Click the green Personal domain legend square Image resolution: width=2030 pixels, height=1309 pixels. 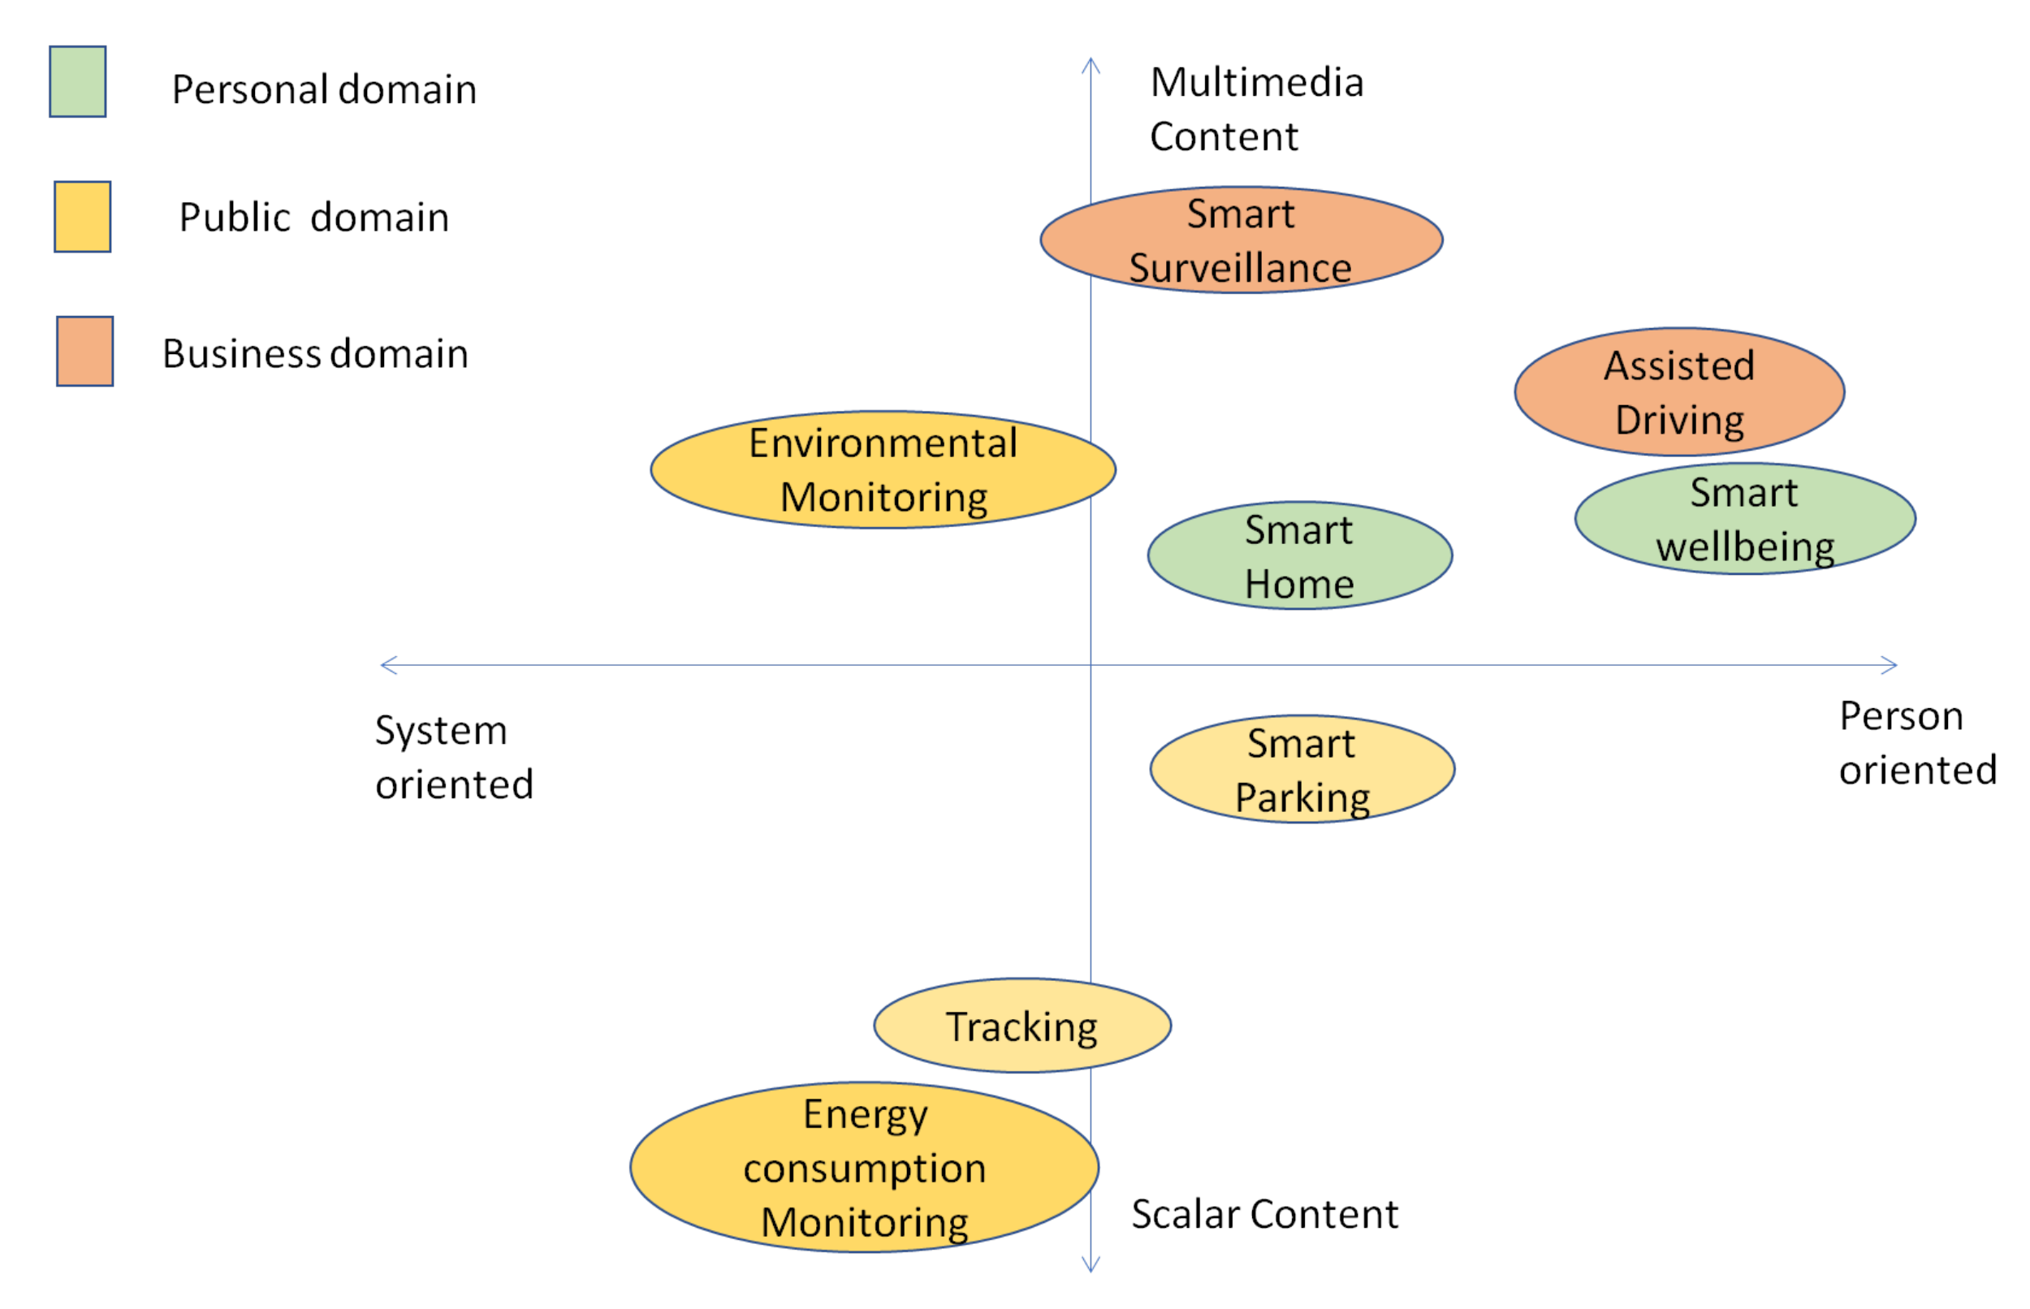[x=77, y=81]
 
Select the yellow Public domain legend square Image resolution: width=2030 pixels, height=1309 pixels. [x=83, y=216]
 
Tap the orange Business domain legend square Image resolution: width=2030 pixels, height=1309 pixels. [x=85, y=351]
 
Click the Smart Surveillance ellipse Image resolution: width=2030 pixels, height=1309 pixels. [x=1241, y=240]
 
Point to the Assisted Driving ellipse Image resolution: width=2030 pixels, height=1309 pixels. [x=1679, y=392]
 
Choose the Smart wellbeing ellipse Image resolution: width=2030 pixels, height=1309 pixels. [x=1744, y=519]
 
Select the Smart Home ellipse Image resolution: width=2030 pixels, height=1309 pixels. [x=1299, y=555]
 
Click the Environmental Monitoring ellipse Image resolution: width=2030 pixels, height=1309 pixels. [x=883, y=469]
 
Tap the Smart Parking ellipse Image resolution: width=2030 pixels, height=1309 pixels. [x=1302, y=768]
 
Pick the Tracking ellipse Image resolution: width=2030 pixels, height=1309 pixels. [x=1022, y=1025]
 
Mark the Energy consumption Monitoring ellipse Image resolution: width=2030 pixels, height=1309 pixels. [x=864, y=1166]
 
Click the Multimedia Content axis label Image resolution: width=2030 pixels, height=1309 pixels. [x=1256, y=109]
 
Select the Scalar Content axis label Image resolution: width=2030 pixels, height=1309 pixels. [x=1263, y=1213]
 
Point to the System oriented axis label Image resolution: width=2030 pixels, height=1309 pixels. [x=454, y=757]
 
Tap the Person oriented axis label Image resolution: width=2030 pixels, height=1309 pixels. [x=1917, y=742]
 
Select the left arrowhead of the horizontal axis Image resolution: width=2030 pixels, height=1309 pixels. [x=387, y=665]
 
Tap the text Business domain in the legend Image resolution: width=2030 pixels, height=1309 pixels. [x=315, y=353]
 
